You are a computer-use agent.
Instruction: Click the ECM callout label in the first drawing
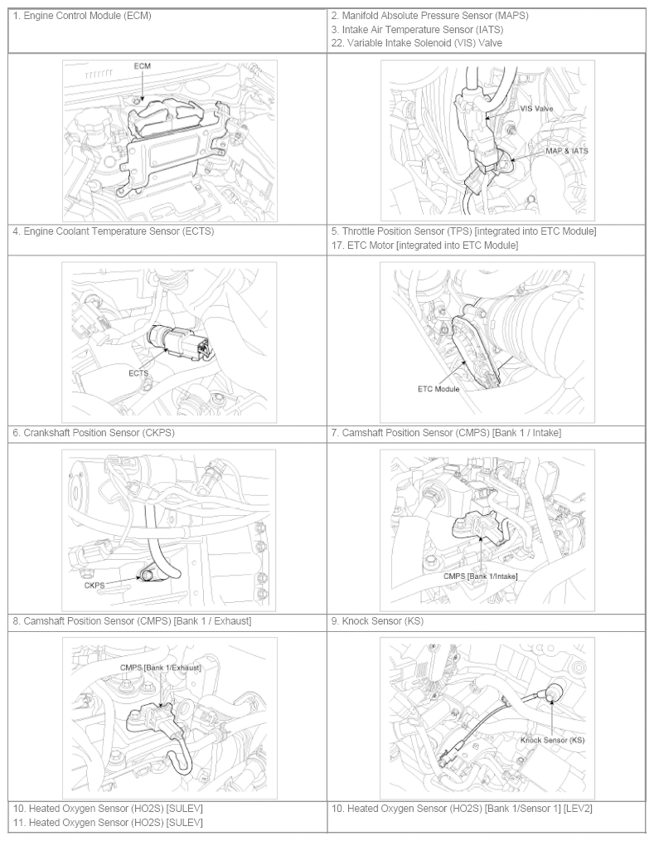[142, 66]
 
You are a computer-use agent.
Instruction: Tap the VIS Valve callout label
[536, 109]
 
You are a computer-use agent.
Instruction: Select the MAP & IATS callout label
[567, 151]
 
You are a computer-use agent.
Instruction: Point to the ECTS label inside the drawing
[138, 373]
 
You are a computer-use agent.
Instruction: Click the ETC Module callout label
[438, 389]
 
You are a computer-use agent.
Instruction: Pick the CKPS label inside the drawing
[94, 586]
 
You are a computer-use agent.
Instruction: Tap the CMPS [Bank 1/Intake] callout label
[480, 576]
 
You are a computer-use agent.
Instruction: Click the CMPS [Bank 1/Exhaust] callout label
[160, 667]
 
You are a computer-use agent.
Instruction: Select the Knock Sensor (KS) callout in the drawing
[552, 740]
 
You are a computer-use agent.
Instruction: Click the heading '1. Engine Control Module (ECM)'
[82, 16]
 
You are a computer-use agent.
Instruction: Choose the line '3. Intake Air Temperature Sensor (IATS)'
[417, 30]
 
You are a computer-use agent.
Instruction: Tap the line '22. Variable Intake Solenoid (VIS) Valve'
[417, 43]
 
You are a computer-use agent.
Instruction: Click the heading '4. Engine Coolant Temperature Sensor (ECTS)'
[113, 231]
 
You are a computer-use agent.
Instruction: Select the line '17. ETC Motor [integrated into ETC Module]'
[424, 245]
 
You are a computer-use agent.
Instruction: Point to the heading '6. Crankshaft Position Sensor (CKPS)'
[94, 432]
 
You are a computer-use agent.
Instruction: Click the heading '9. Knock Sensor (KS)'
[377, 620]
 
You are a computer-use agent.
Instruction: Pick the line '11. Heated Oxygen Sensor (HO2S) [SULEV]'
[108, 822]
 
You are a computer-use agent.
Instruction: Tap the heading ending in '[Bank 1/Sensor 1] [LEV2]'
[462, 809]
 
